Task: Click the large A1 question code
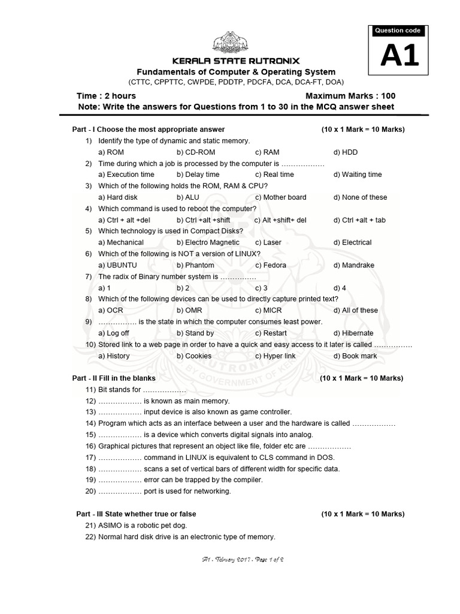tap(397, 57)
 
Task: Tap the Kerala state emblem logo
tap(232, 43)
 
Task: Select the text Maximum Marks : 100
tap(350, 96)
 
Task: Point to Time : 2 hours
tap(106, 96)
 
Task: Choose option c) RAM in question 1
tap(267, 152)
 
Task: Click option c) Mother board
tap(280, 197)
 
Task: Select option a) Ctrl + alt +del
tap(125, 220)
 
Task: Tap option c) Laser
tap(268, 242)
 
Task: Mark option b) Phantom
tap(195, 265)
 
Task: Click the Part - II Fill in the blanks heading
tap(114, 378)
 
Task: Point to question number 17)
tap(90, 458)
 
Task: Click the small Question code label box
tap(397, 31)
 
